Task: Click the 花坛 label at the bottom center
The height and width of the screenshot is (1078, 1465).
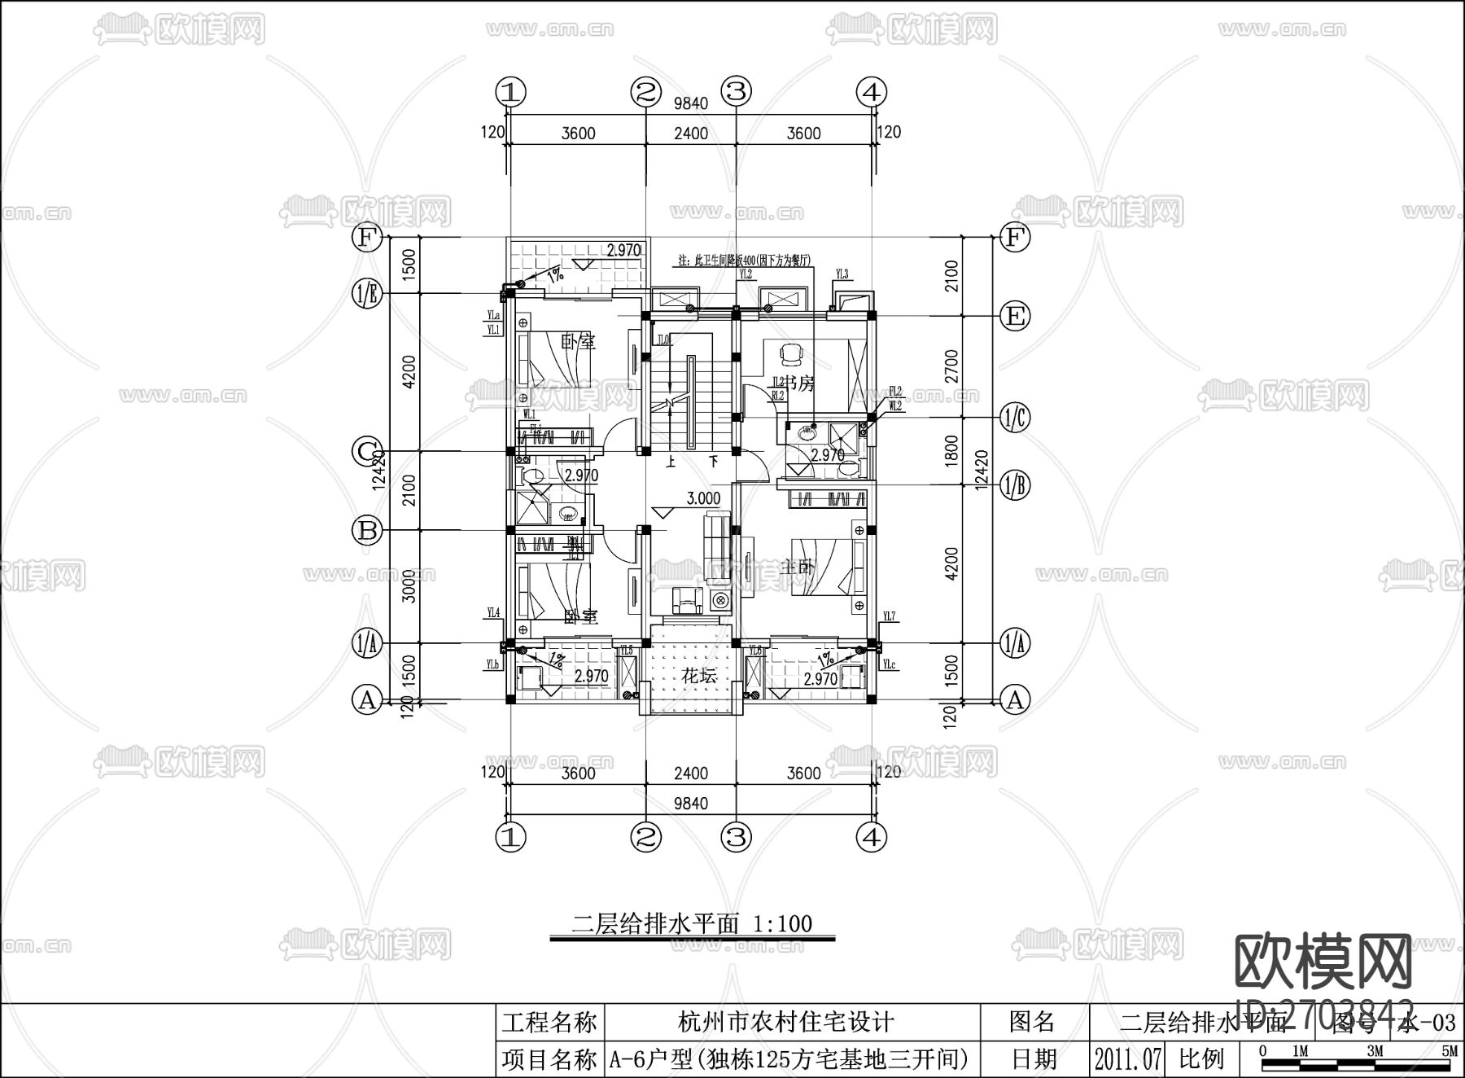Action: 698,676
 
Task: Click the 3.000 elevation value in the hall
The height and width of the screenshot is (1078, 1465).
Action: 703,498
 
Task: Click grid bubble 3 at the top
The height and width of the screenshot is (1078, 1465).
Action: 737,91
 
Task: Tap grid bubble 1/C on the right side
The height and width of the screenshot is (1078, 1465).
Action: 1015,418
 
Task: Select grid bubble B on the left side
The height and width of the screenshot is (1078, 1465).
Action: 367,531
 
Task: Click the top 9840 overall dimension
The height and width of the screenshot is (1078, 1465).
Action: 691,103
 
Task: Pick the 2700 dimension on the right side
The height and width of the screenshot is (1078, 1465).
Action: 951,366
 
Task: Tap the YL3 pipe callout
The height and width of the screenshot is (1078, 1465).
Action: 842,275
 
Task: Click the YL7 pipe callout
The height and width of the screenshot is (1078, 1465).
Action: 888,617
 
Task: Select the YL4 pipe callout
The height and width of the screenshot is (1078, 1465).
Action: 493,612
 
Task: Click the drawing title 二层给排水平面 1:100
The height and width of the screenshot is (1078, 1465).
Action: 693,923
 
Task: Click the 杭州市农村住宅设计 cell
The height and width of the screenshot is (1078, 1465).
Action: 785,1021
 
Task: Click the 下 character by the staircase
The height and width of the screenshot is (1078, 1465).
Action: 714,462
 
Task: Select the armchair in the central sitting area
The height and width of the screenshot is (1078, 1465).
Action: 687,601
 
